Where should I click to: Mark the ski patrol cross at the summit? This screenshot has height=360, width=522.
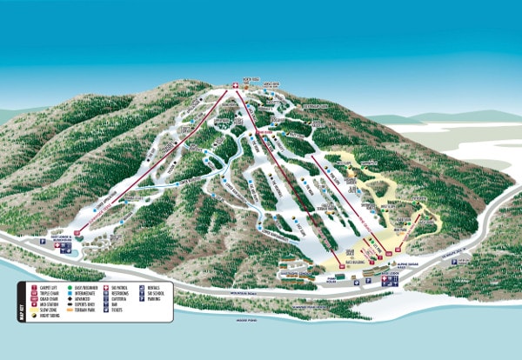234,84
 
